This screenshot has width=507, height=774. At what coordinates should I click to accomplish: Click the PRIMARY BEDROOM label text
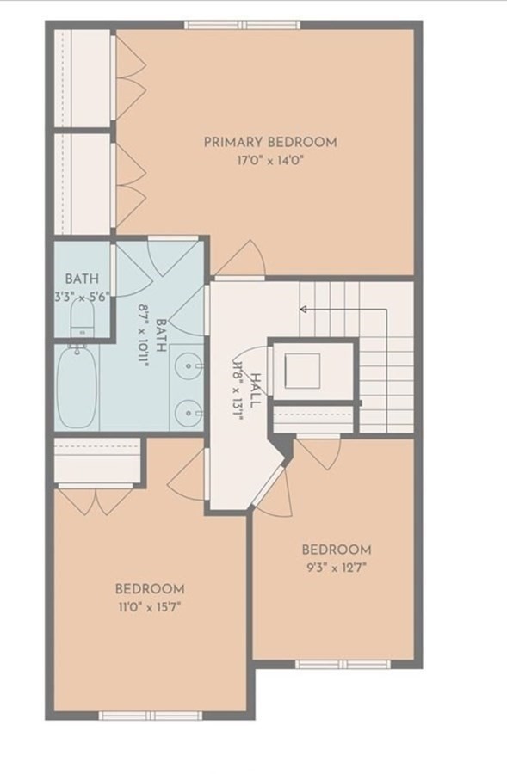coord(269,142)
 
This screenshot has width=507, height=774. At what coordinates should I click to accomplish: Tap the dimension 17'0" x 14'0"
coord(269,160)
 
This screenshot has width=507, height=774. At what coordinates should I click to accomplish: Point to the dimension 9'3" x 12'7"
coord(336,567)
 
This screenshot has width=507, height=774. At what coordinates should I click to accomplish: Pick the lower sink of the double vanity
coord(187,413)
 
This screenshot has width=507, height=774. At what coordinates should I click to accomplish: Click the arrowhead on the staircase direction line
coord(303,307)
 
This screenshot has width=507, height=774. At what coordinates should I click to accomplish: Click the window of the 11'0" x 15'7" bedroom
coord(150,715)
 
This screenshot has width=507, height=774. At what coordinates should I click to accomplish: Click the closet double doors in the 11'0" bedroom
coord(96,501)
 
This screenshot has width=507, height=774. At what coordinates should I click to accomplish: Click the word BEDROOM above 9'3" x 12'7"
coord(336,550)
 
